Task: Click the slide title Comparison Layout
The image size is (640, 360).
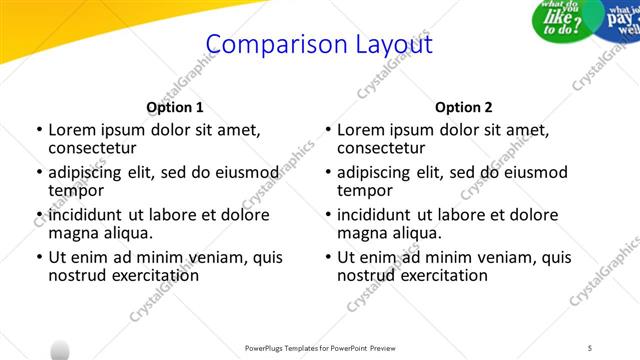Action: point(319,45)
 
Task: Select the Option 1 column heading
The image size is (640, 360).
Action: point(175,107)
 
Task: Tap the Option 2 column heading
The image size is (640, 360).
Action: point(464,107)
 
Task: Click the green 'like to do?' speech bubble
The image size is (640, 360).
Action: point(566,18)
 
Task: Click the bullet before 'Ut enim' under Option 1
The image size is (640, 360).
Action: point(38,258)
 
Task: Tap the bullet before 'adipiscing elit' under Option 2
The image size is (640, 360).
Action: point(327,173)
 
